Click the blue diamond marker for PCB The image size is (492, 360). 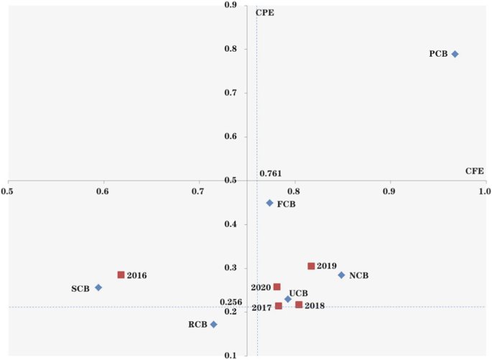pos(455,54)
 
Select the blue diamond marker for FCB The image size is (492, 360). pos(270,203)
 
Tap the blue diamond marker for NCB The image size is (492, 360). pos(342,275)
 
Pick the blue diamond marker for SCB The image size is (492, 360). pos(98,287)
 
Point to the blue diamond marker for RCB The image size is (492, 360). pos(213,325)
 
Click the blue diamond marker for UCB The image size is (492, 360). pos(288,299)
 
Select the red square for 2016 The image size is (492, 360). pos(121,275)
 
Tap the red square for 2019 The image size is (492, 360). pos(311,266)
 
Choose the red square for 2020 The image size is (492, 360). pos(277,287)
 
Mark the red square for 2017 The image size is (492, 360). pos(279,306)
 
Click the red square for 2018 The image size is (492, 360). pos(299,305)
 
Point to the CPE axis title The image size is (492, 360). pos(265,12)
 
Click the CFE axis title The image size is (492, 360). pos(475,171)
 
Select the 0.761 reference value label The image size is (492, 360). pos(270,174)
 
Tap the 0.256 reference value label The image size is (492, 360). pos(231,303)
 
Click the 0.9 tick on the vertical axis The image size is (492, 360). pos(231,6)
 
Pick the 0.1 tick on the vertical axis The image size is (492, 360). pos(231,356)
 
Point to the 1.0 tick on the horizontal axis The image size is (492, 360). pos(484,192)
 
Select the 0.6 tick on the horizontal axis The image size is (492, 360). pos(102,192)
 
